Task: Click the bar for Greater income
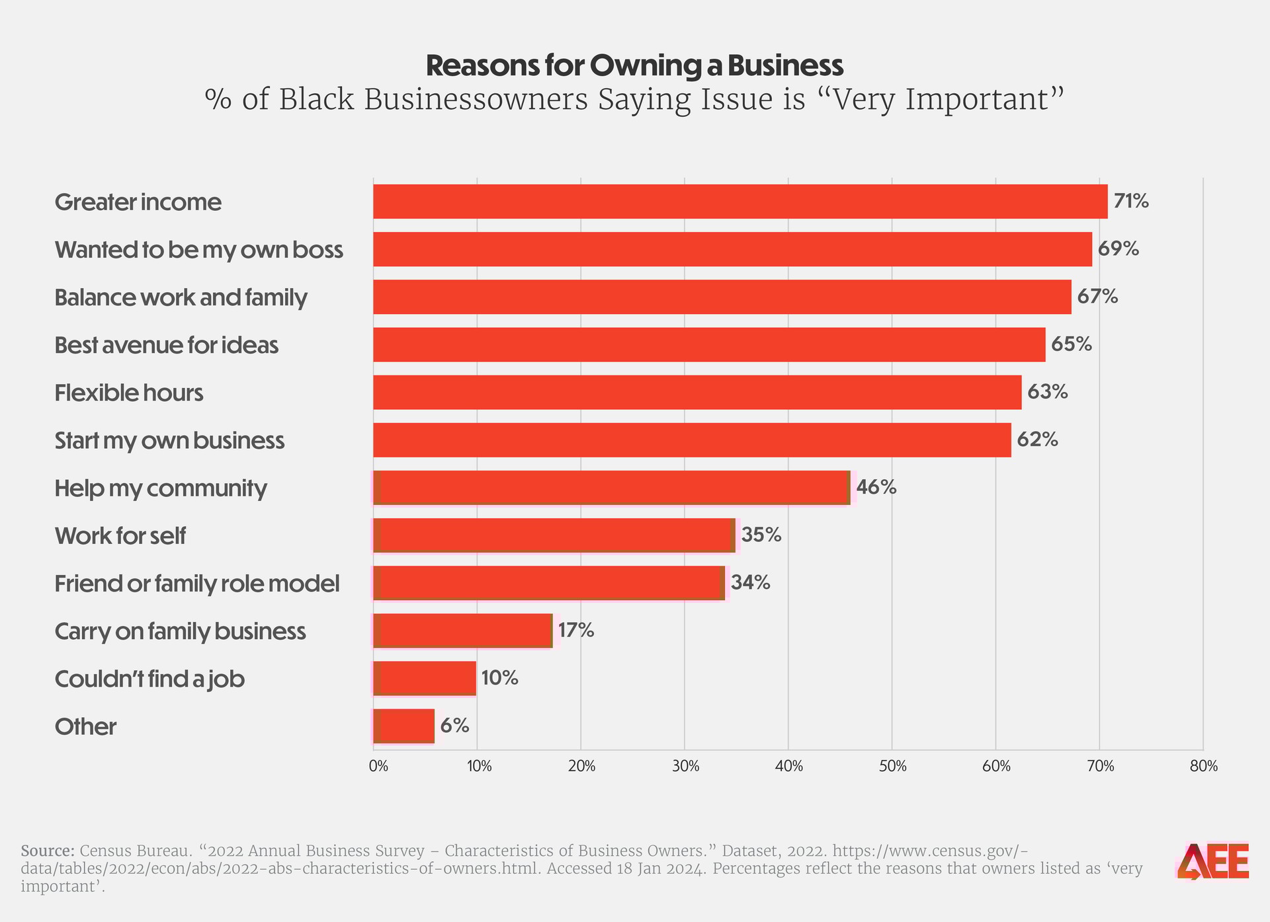740,202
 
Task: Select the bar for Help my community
611,488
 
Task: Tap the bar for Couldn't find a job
425,678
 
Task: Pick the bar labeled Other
404,726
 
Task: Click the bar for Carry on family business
462,631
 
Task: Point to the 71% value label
1131,201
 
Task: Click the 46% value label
876,487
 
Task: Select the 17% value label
576,631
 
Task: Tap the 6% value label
454,726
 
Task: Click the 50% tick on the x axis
892,767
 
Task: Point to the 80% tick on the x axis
1203,767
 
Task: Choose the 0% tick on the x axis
378,767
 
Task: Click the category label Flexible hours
129,393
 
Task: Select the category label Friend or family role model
197,584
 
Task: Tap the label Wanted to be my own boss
199,250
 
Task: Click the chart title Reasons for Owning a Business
634,65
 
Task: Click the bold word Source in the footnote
47,851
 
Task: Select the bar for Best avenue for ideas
709,344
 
